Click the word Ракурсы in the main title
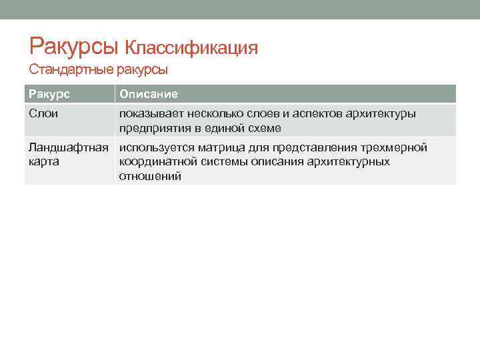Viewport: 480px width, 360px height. click(74, 46)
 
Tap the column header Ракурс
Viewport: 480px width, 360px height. click(49, 95)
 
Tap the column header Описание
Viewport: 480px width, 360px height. click(149, 95)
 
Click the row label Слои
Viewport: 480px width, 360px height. click(43, 114)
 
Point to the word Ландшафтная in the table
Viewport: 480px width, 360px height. click(67, 147)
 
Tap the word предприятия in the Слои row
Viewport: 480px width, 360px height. click(154, 128)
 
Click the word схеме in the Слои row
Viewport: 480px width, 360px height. click(262, 128)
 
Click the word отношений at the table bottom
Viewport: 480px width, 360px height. click(150, 176)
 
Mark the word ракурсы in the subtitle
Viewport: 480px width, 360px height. click(142, 69)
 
